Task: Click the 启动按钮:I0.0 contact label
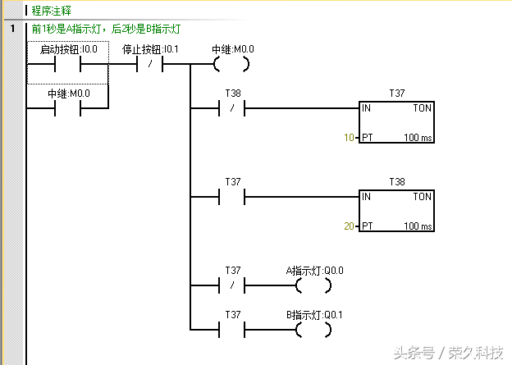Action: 69,49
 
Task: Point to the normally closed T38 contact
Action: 232,108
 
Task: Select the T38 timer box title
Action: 398,181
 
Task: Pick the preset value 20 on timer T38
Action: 350,226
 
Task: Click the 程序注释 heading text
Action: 51,11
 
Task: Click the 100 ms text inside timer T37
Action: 418,138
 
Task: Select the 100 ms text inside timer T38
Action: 418,226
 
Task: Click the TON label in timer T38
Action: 422,197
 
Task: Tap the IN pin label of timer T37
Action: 367,108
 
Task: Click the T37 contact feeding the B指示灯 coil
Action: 232,331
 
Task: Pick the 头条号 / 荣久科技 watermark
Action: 448,353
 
